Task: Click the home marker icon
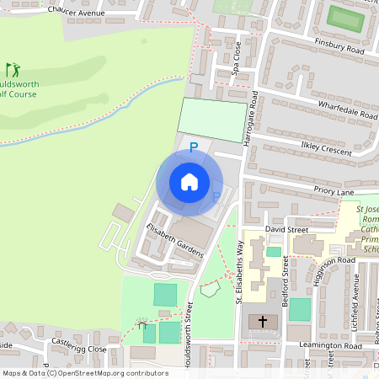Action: point(189,182)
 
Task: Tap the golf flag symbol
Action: point(12,69)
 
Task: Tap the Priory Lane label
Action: point(334,192)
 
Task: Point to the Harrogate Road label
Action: point(249,121)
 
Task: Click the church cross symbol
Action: point(263,322)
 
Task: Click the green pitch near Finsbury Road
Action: point(345,17)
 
